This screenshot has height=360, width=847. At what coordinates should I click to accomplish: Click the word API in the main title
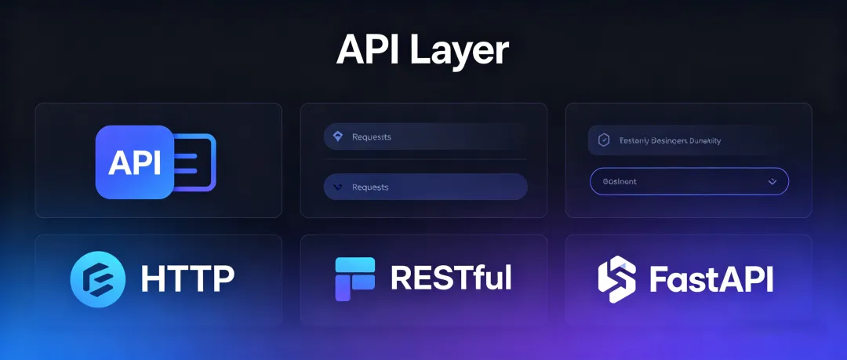click(368, 50)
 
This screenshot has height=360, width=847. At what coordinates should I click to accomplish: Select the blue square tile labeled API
click(134, 162)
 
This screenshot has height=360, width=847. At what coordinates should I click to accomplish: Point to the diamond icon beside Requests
click(338, 136)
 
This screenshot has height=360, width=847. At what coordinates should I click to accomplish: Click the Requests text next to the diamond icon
click(372, 137)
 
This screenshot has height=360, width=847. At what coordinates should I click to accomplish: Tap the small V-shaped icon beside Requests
click(338, 187)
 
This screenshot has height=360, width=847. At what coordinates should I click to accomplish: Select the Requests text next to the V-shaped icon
click(370, 187)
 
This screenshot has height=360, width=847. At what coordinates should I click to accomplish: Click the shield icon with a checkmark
click(603, 140)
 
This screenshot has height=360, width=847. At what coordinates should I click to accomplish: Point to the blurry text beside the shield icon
click(670, 140)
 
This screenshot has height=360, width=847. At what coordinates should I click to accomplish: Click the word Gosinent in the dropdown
click(620, 181)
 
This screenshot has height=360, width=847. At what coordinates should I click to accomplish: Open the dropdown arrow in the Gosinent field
click(772, 181)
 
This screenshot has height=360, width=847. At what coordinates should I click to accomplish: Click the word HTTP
click(187, 279)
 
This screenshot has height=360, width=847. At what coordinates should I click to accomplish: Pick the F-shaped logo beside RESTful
click(354, 279)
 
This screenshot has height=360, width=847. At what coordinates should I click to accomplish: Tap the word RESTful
click(451, 278)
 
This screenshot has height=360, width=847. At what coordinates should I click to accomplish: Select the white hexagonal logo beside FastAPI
click(616, 279)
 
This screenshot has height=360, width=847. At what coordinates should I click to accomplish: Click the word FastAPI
click(711, 279)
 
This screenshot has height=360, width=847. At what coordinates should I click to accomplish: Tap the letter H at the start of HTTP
click(152, 279)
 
